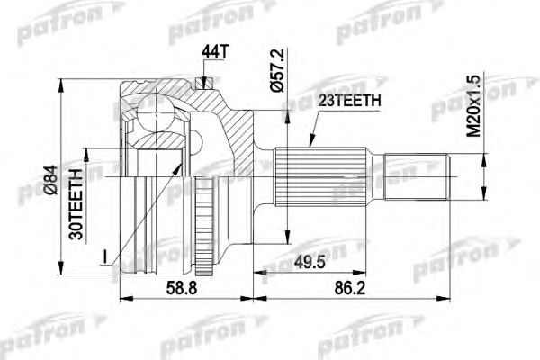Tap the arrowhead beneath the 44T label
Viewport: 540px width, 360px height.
coord(207,85)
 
